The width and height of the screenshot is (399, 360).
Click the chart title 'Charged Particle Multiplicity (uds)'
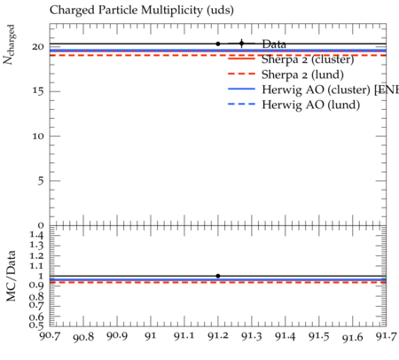click(142, 10)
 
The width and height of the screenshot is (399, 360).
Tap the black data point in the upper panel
click(218, 43)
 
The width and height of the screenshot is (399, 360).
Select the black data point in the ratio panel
click(218, 276)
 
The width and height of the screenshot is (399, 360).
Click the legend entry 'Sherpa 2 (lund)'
click(302, 74)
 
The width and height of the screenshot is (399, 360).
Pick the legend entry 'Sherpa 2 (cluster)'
click(308, 59)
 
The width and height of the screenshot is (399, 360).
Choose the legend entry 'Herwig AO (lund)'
click(310, 105)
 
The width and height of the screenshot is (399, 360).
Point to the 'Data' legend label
click(274, 44)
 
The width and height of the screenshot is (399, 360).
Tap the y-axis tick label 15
click(38, 91)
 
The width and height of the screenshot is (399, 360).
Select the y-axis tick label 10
click(38, 136)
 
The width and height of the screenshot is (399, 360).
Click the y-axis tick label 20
click(38, 47)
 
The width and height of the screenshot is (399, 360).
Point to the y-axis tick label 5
click(41, 181)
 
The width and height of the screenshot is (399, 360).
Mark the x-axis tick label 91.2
click(218, 336)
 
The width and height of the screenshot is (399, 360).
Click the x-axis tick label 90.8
click(83, 337)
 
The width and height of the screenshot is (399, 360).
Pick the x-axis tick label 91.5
click(319, 336)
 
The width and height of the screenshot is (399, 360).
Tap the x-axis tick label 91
click(151, 336)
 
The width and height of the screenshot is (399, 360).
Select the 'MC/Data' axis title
click(12, 276)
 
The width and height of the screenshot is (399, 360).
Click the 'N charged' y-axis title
click(9, 44)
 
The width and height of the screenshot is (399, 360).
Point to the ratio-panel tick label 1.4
click(36, 235)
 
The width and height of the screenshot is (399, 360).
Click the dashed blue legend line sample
click(241, 104)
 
